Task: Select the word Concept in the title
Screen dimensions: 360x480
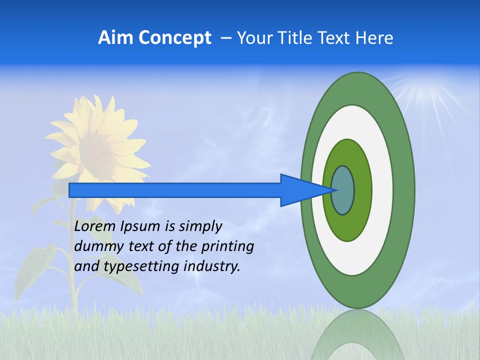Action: pyautogui.click(x=174, y=38)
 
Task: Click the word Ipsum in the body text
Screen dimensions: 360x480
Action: pyautogui.click(x=140, y=227)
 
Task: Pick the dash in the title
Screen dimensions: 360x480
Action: pyautogui.click(x=225, y=38)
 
